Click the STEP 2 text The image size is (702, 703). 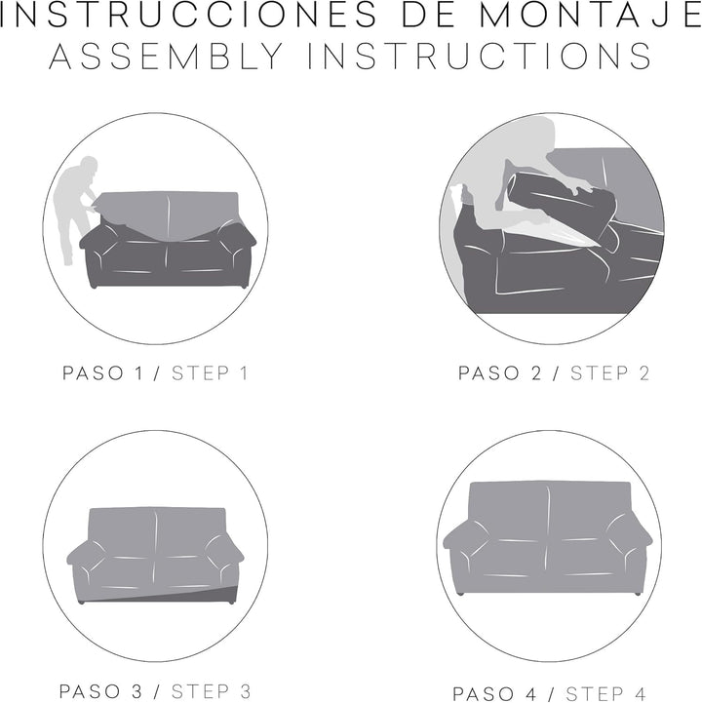[x=609, y=372]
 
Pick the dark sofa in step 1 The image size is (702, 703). [x=168, y=258]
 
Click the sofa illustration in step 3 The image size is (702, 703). [x=156, y=551]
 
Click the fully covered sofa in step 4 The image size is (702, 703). [x=548, y=536]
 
